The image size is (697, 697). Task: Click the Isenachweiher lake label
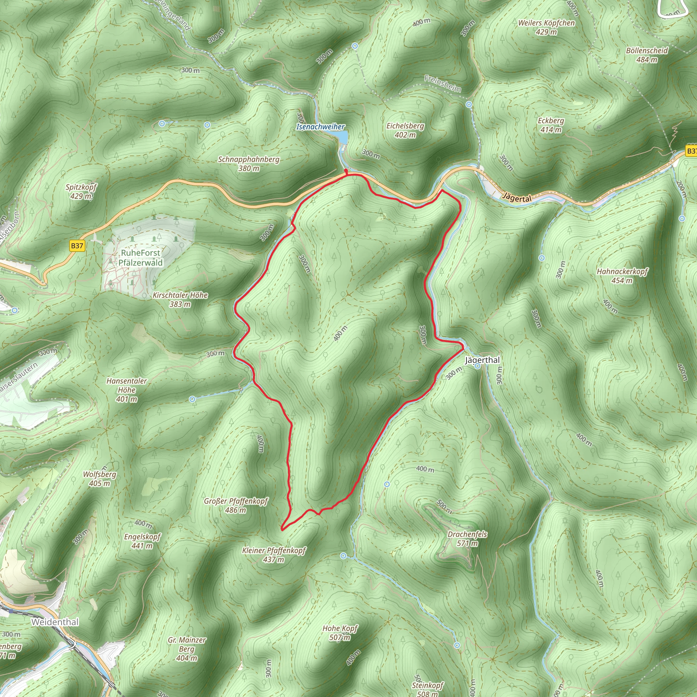point(320,127)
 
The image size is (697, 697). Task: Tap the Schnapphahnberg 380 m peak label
point(248,164)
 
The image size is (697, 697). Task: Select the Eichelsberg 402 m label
point(405,130)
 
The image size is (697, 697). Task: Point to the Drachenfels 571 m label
point(467,539)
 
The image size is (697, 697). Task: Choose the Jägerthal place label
point(482,360)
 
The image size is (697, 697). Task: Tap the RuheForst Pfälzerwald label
point(140,258)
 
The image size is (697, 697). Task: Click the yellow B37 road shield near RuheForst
point(77,246)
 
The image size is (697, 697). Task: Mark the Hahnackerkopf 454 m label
point(622,276)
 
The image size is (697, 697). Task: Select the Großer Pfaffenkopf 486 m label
point(236,505)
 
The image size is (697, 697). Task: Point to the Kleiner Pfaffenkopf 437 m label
point(274,555)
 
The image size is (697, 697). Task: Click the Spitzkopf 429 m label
point(81,192)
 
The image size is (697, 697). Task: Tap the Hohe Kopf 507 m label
point(340,633)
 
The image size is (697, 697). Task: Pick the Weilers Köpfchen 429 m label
point(546,27)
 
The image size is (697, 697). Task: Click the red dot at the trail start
point(346,170)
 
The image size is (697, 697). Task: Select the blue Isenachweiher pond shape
point(342,137)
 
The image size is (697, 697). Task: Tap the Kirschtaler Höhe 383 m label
point(180,299)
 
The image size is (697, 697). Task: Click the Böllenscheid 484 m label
point(647,55)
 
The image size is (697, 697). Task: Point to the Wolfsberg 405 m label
point(100,479)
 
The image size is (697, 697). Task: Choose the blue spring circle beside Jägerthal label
point(477,366)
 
